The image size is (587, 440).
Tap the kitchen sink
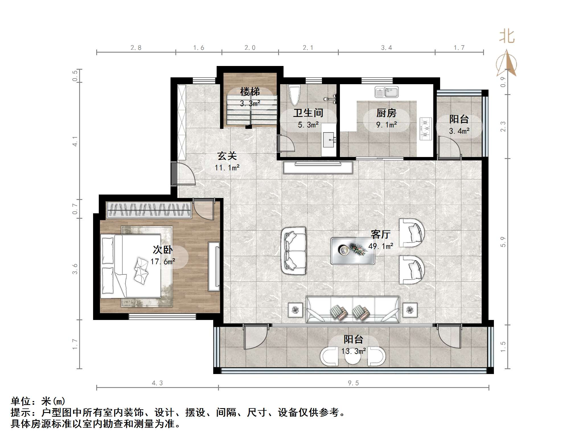point(386,92)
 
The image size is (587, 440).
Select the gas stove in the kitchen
point(426,129)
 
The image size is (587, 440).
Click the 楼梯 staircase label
point(250,92)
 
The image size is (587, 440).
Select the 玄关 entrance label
point(227,156)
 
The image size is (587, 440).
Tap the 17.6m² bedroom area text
point(163,261)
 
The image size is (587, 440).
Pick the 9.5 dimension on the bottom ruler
point(353,383)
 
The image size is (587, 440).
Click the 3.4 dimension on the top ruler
point(386,48)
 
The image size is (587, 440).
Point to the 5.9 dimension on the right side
point(503,242)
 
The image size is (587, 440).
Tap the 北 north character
point(507,37)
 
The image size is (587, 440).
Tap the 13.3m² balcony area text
point(354,351)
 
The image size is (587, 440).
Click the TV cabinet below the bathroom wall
point(318,168)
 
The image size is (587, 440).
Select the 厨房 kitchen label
point(386,113)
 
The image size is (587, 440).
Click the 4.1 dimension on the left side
point(75,141)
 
